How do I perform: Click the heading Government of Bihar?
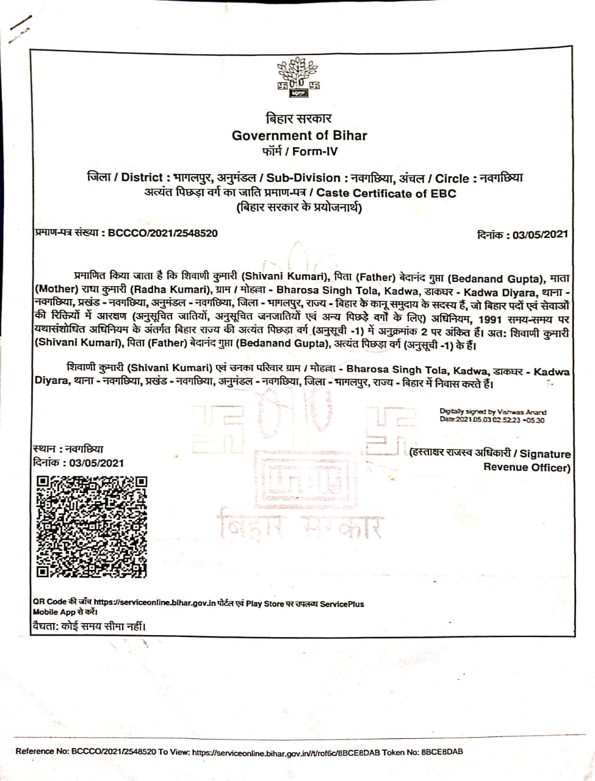tap(299, 135)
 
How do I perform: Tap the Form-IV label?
tap(315, 151)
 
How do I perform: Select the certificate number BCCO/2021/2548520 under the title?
tap(162, 233)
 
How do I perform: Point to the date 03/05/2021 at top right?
tap(541, 234)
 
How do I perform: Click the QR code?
tap(92, 526)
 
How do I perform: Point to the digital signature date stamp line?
tap(492, 420)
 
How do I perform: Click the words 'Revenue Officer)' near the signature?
tap(527, 467)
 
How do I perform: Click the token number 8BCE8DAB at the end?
tap(441, 752)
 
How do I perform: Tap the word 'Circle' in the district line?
tap(452, 178)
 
